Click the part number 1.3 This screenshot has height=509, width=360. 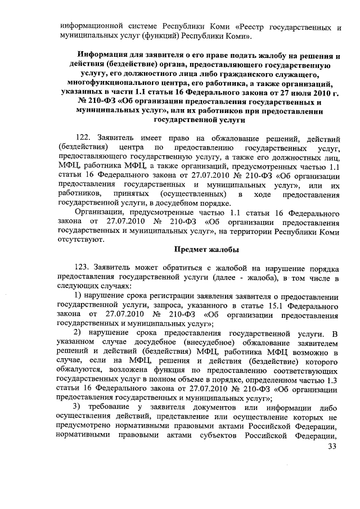333,382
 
